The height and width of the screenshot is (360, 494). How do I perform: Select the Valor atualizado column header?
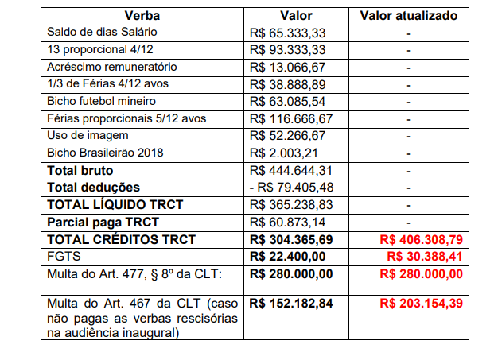pyautogui.click(x=409, y=15)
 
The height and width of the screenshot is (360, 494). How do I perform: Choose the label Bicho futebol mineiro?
pyautogui.click(x=101, y=101)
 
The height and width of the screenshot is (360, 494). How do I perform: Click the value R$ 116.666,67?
pyautogui.click(x=290, y=118)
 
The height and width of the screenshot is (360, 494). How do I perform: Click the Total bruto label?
pyautogui.click(x=80, y=170)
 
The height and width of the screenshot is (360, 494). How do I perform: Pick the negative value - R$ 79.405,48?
pyautogui.click(x=290, y=188)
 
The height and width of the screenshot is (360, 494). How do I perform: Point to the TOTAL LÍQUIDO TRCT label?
pyautogui.click(x=115, y=204)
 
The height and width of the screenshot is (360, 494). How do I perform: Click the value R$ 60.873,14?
pyautogui.click(x=286, y=222)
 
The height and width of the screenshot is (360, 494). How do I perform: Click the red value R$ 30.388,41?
pyautogui.click(x=424, y=256)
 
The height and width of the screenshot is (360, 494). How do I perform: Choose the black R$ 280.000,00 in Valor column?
pyautogui.click(x=290, y=273)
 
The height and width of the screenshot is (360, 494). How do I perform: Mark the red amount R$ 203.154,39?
pyautogui.click(x=421, y=303)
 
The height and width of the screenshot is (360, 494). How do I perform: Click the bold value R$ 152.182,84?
pyautogui.click(x=290, y=303)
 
